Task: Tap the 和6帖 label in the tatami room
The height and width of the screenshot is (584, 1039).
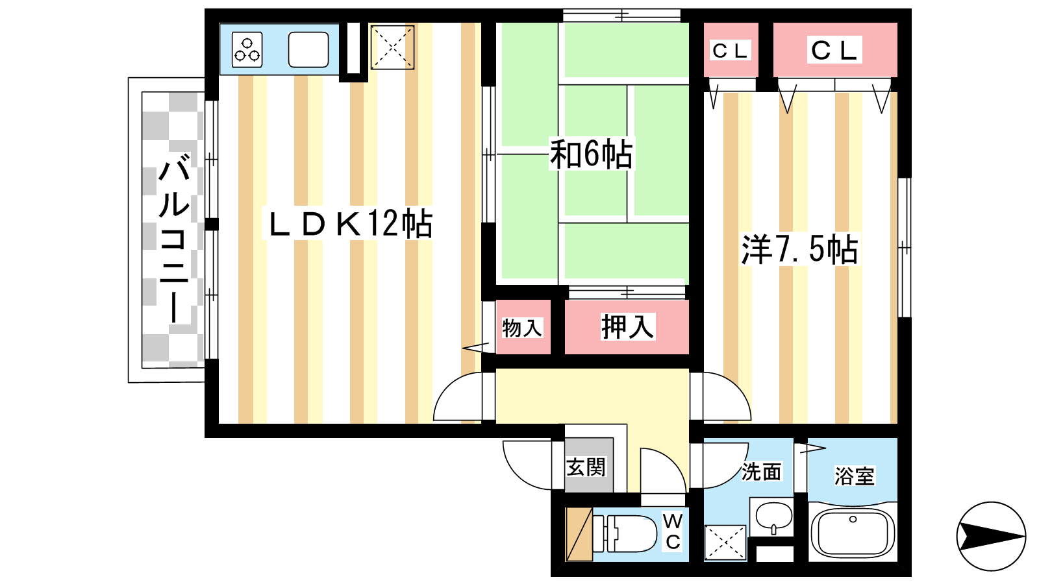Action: (591, 154)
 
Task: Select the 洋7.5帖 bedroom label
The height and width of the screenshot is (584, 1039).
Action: (799, 249)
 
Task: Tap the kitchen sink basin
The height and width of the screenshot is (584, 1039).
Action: (308, 49)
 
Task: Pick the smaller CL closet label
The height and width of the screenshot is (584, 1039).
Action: (731, 51)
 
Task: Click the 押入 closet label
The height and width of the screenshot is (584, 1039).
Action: (627, 326)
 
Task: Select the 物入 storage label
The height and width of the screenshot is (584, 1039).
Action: (522, 328)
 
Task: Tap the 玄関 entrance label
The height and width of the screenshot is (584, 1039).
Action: (586, 467)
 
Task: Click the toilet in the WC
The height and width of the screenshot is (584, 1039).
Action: (625, 533)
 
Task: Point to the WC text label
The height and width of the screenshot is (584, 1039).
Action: (673, 531)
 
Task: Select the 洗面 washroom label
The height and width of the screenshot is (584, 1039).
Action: (761, 472)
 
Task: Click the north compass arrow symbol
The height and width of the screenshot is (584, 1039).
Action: (991, 536)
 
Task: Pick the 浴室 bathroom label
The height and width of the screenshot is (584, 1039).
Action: (855, 476)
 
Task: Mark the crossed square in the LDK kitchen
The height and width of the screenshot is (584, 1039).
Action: (392, 47)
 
